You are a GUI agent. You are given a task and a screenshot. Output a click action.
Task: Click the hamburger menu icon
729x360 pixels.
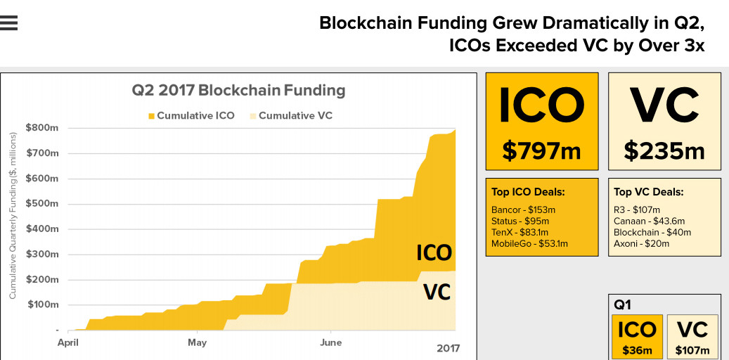(x=9, y=23)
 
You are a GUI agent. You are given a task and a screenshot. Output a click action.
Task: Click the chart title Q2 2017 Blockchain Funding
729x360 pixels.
(x=238, y=91)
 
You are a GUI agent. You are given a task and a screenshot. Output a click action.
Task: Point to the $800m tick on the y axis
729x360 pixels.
(x=41, y=128)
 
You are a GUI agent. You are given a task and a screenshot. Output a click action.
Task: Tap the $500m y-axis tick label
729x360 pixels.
(x=41, y=204)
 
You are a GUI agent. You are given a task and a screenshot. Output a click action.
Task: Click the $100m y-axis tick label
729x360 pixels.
(x=41, y=305)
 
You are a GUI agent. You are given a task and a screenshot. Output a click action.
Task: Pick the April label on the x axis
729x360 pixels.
(x=67, y=342)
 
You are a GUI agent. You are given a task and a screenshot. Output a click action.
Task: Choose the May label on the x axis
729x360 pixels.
(x=197, y=342)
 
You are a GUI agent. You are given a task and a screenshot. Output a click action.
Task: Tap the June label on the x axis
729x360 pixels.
(x=330, y=342)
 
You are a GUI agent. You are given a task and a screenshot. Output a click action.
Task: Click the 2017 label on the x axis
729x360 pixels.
(x=448, y=347)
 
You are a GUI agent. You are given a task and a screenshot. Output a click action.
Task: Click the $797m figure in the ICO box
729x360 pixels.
(x=541, y=150)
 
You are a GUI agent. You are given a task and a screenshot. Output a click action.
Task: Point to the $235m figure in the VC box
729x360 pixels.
(x=664, y=150)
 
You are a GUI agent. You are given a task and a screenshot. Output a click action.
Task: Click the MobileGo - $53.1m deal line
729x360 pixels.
(x=529, y=244)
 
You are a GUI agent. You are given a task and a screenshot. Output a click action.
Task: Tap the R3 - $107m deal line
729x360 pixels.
(x=637, y=210)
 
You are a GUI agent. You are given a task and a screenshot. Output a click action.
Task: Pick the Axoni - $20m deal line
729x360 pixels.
(x=641, y=244)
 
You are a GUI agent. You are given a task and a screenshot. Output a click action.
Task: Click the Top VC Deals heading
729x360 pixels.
(x=648, y=192)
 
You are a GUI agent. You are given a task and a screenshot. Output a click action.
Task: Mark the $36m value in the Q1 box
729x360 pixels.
(x=637, y=350)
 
